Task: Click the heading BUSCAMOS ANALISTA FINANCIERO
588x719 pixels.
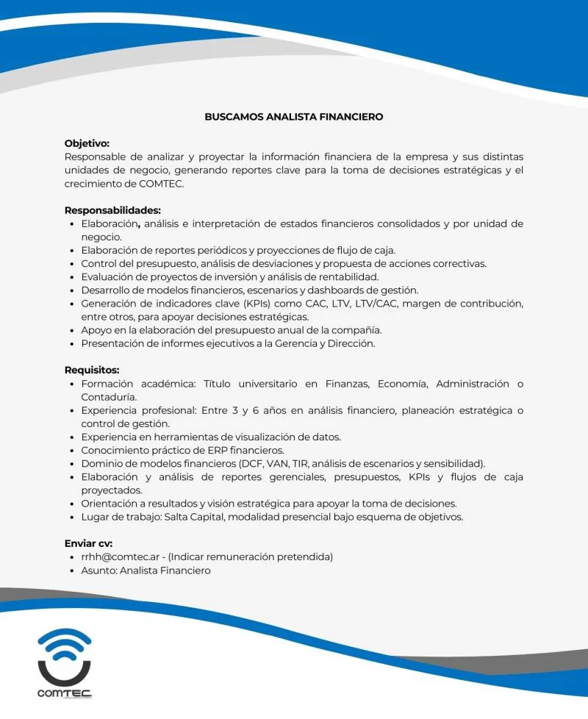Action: tap(293, 116)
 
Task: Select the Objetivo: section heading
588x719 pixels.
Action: tap(87, 143)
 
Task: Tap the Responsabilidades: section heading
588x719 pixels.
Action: tap(112, 210)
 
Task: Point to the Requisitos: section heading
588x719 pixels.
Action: tap(92, 370)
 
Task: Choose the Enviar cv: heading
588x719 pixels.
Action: tap(88, 543)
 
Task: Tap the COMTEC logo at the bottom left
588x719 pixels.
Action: tap(65, 662)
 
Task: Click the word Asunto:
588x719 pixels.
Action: tap(99, 570)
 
